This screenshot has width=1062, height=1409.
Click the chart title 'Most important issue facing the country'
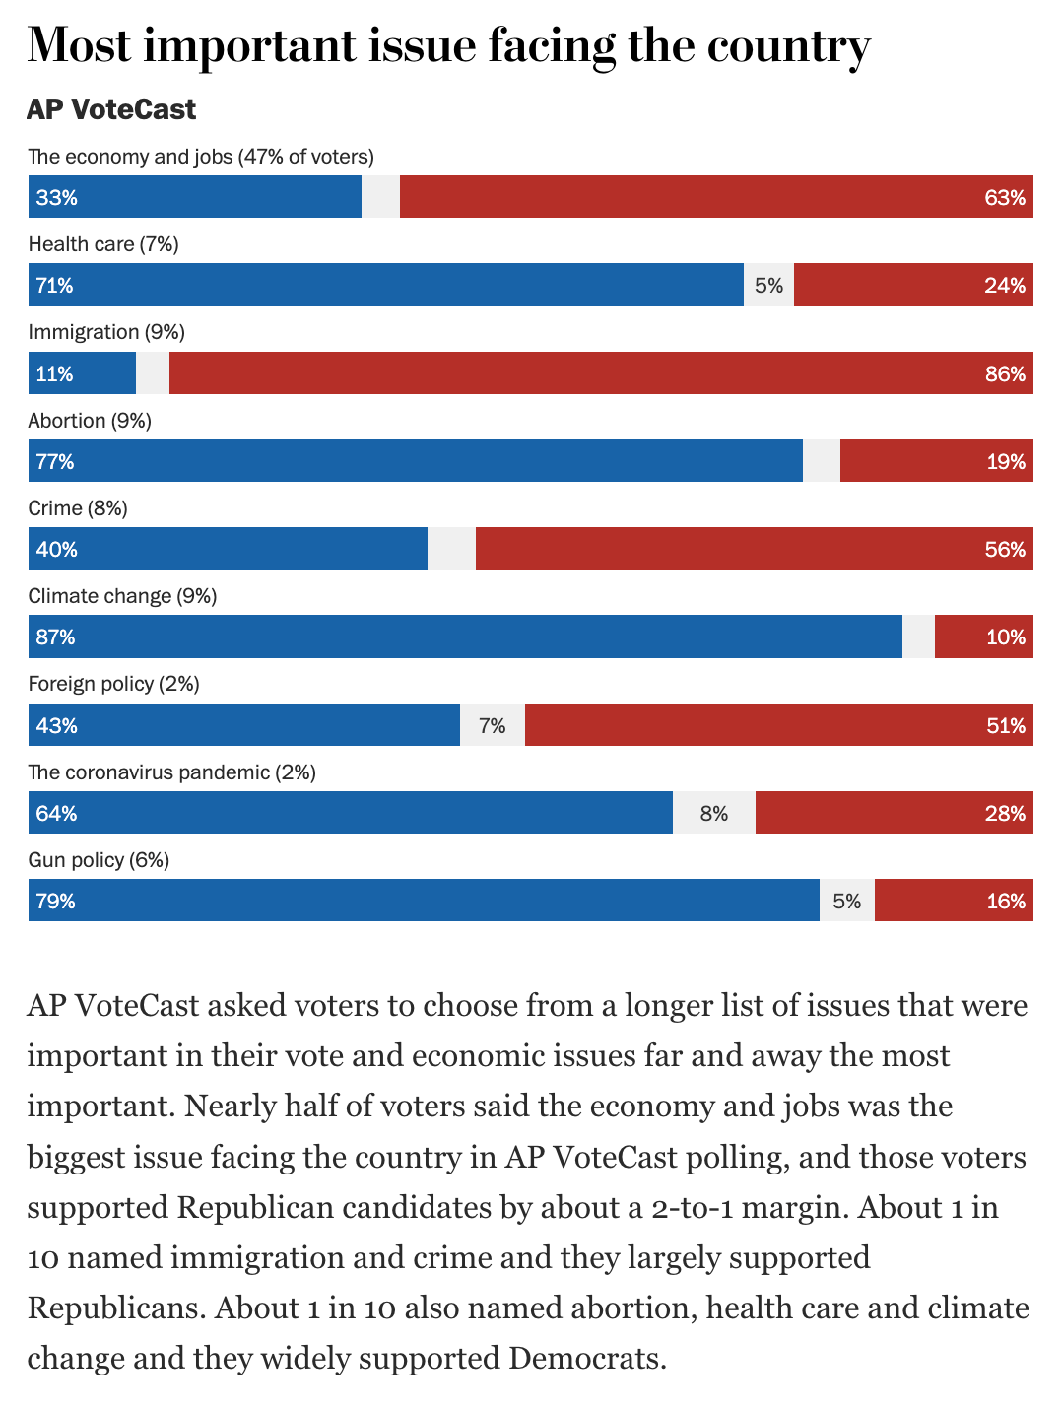click(x=448, y=46)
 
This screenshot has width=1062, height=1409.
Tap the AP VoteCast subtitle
click(x=111, y=109)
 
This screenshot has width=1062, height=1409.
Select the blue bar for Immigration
click(x=82, y=373)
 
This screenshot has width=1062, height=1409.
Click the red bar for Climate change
click(x=983, y=637)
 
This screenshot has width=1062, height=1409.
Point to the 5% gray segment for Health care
click(x=768, y=286)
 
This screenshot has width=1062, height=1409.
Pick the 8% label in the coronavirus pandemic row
click(x=714, y=814)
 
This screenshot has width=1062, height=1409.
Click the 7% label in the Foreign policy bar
click(x=493, y=726)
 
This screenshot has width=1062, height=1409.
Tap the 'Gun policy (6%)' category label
click(x=99, y=860)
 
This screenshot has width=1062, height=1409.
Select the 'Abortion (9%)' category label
click(x=90, y=421)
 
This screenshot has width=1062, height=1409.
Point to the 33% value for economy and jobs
click(x=56, y=198)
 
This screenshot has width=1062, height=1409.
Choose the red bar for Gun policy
click(x=954, y=901)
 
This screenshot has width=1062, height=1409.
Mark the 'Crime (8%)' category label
click(x=78, y=508)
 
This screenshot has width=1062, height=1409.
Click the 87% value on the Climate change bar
click(x=55, y=637)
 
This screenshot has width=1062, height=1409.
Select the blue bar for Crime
click(x=228, y=549)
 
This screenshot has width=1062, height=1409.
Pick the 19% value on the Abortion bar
click(x=1006, y=462)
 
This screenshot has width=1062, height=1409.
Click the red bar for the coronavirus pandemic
click(x=894, y=813)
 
